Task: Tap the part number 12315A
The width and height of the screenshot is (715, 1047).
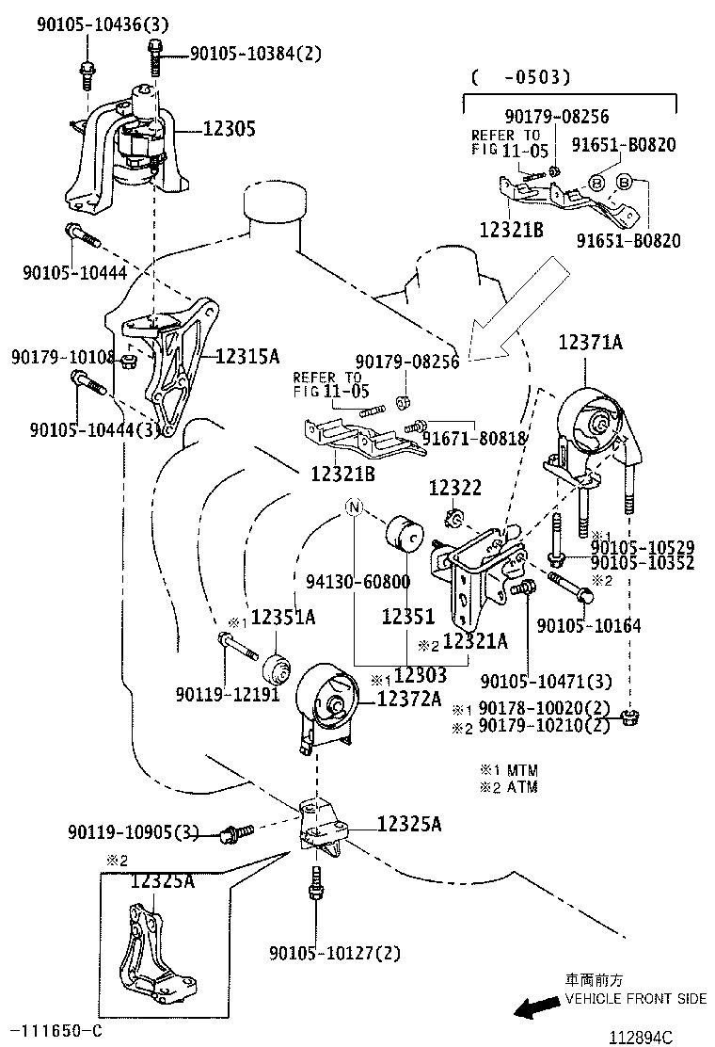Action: (x=247, y=356)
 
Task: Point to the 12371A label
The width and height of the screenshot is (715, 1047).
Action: (x=591, y=343)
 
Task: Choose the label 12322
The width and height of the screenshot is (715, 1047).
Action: (x=455, y=488)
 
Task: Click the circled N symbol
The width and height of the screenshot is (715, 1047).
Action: (x=354, y=508)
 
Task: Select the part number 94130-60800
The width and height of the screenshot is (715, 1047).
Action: (x=357, y=582)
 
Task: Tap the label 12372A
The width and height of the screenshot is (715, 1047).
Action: (x=409, y=698)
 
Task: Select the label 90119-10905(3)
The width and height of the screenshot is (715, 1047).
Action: (x=134, y=832)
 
